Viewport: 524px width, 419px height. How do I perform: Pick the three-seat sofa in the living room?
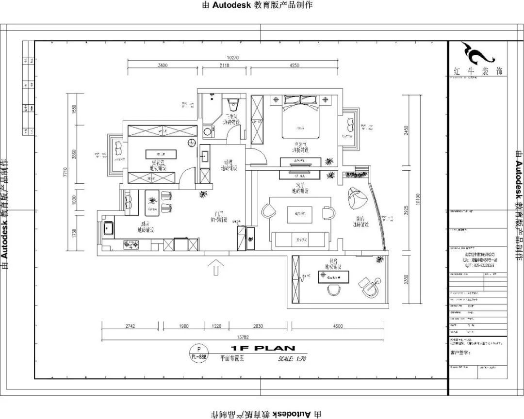pyautogui.click(x=299, y=239)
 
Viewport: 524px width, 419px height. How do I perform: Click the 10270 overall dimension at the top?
pyautogui.click(x=233, y=58)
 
